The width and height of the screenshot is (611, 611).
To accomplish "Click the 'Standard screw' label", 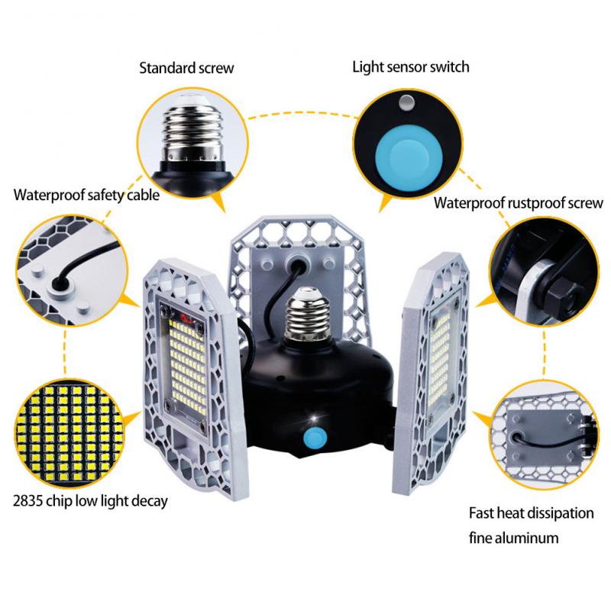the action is (186, 68).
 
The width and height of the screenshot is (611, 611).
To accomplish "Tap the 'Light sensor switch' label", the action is (411, 67).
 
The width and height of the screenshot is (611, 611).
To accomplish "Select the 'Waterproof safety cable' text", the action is (86, 195).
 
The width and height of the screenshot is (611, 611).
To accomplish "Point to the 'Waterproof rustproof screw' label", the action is (519, 203).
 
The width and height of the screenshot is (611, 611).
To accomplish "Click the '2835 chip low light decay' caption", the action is (90, 501).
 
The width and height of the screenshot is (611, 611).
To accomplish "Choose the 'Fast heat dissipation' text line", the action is (531, 513).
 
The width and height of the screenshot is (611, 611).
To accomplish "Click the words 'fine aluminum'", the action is (513, 538).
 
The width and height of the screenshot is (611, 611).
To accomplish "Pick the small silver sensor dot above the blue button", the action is (407, 103).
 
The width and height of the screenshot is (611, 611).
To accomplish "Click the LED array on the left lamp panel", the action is (189, 367).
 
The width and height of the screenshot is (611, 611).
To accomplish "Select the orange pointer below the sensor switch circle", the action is (386, 203).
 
